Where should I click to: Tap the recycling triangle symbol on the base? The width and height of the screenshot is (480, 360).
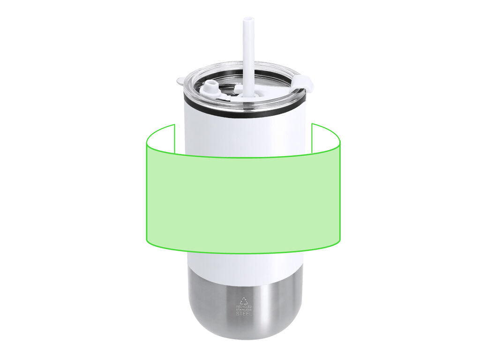244,300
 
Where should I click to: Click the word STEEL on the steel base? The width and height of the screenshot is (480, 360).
244,314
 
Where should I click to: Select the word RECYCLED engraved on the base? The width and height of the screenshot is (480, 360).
244,307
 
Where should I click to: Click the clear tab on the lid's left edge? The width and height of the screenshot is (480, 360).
180,81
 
